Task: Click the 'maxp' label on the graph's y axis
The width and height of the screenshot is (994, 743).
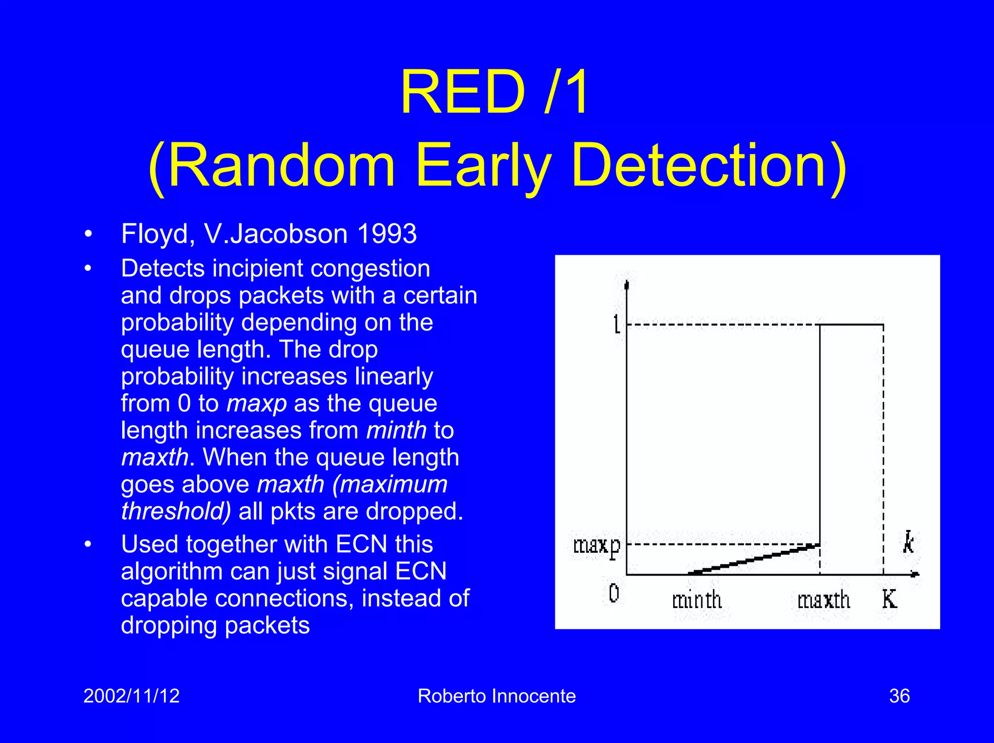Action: coord(596,546)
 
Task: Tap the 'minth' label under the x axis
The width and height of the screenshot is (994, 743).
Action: coord(696,601)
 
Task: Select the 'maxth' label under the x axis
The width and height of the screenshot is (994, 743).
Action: coord(824,601)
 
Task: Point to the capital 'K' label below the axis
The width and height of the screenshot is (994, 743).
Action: coord(889,599)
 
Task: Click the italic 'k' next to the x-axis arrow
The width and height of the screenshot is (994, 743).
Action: coord(908,543)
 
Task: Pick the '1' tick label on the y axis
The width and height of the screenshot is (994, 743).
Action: coord(616,324)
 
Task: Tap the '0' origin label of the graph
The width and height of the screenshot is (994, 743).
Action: coord(613,593)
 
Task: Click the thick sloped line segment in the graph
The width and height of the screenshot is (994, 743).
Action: coord(755,560)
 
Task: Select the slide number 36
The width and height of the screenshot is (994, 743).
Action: coord(899,696)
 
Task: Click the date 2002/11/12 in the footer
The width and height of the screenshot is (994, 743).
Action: coord(132,696)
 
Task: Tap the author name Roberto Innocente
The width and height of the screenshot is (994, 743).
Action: coord(497,696)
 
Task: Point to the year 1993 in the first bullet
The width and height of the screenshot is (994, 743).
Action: coord(386,234)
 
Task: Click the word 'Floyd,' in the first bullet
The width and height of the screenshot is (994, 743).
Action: coord(158,234)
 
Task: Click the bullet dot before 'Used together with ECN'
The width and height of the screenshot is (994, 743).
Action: coord(88,544)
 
